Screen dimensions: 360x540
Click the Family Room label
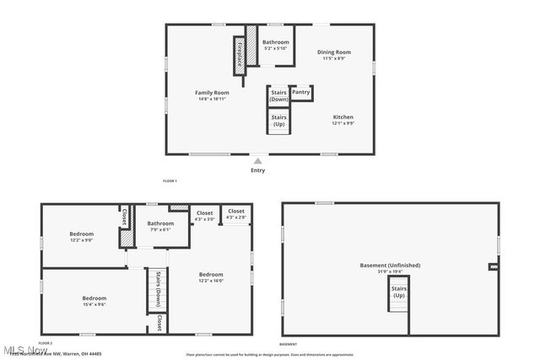212,95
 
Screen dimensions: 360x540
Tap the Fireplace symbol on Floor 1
240,54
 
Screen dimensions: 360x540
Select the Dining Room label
335,55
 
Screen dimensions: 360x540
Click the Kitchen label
343,120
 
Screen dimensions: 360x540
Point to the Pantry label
301,92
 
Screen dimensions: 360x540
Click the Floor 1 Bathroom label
275,45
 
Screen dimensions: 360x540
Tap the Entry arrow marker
257,160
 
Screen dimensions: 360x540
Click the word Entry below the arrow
257,170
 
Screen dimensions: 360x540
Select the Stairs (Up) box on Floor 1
279,121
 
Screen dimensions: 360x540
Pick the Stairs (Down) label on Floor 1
279,96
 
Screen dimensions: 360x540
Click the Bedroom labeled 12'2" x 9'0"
82,237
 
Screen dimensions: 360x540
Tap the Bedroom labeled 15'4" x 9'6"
94,301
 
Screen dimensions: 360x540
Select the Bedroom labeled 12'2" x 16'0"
211,277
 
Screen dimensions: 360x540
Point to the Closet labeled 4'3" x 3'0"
204,215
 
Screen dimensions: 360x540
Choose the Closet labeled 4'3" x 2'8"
236,214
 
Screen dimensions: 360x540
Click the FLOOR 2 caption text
46,344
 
